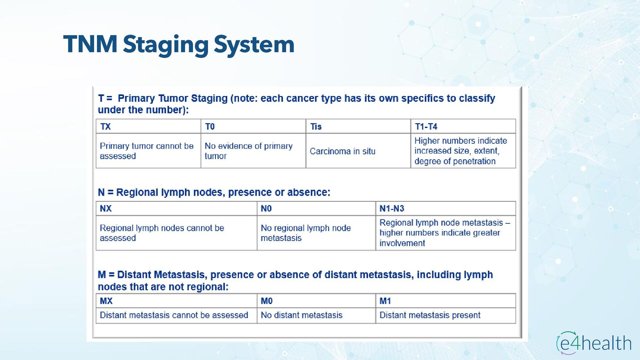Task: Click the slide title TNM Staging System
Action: point(179,44)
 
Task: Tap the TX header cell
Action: point(148,127)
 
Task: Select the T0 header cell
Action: point(253,127)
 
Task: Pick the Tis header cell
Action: point(358,127)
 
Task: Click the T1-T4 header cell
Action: point(463,127)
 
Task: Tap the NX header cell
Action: point(176,209)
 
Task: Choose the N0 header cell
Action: point(316,209)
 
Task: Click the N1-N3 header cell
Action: point(445,209)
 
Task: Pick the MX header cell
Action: point(176,301)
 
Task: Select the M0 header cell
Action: point(316,301)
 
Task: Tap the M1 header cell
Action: point(445,301)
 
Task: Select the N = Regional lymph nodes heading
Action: point(214,192)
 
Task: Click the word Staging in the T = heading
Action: point(209,98)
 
